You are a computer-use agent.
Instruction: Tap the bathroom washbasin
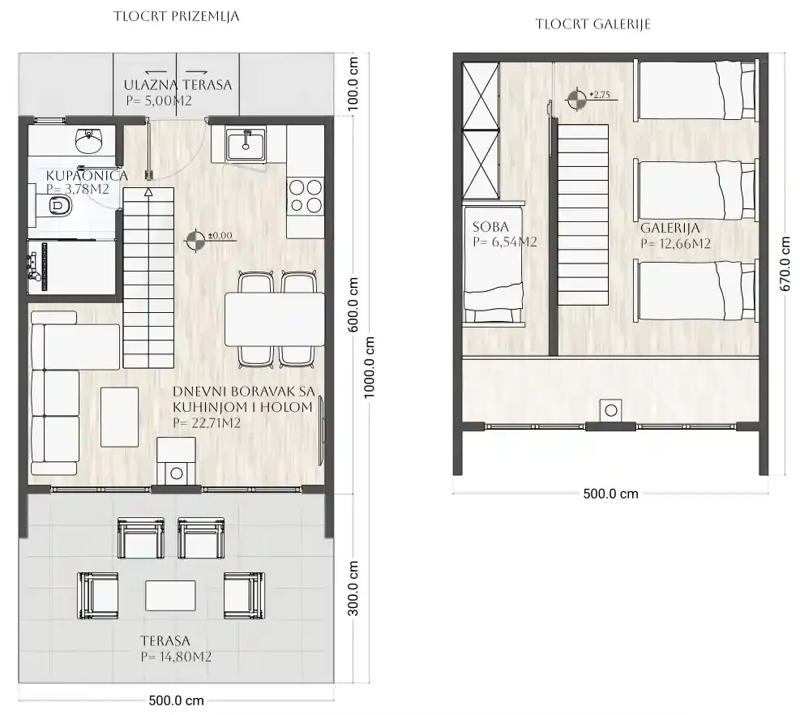click(89, 139)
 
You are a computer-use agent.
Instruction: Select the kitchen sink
click(246, 144)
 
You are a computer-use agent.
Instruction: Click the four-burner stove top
click(305, 196)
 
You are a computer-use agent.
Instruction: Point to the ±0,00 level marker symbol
click(194, 241)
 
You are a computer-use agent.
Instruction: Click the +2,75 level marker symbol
click(577, 99)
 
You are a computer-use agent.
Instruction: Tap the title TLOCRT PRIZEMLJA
click(177, 16)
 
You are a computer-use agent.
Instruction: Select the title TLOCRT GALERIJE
click(593, 24)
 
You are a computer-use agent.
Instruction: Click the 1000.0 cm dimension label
click(369, 367)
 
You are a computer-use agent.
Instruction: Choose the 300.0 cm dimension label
click(353, 589)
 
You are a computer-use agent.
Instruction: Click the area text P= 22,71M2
click(207, 423)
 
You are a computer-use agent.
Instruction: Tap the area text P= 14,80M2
click(176, 657)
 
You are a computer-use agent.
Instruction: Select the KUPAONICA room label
click(87, 176)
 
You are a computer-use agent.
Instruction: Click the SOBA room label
click(490, 227)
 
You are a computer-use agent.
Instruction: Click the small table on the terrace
click(170, 596)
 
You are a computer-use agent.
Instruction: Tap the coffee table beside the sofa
click(119, 417)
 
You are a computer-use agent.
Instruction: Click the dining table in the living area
click(275, 319)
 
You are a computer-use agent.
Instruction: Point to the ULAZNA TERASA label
click(178, 85)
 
